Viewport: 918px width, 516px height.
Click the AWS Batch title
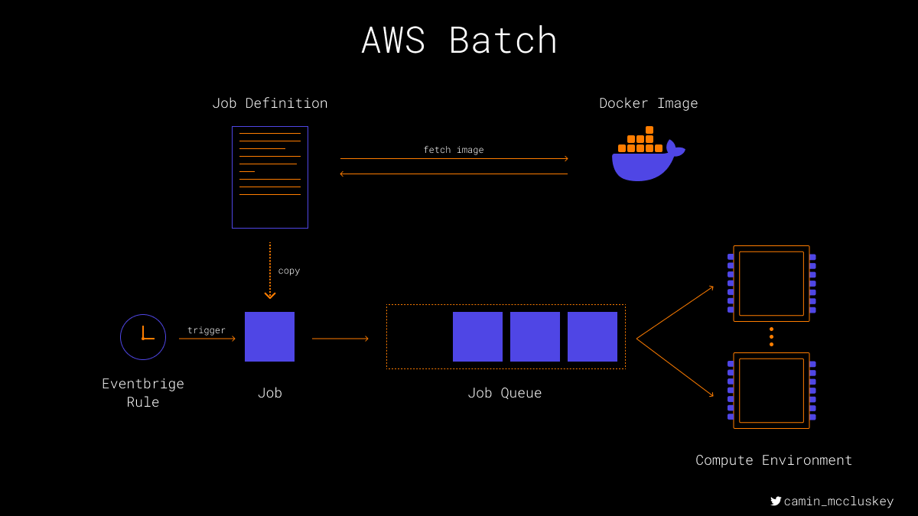click(x=459, y=40)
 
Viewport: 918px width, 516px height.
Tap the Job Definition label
click(x=269, y=103)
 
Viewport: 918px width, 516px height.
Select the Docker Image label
click(x=649, y=103)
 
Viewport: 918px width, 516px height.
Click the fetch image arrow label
click(x=453, y=150)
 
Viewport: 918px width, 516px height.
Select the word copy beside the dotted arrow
click(x=289, y=271)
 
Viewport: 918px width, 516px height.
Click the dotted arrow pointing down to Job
click(x=269, y=271)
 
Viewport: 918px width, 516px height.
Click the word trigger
click(x=206, y=330)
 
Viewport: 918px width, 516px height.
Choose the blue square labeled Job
click(x=269, y=336)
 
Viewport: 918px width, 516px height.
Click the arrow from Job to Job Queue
click(x=340, y=339)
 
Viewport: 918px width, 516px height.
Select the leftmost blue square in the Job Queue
click(x=477, y=336)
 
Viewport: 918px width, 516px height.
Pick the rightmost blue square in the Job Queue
click(x=592, y=336)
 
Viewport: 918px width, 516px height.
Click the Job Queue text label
click(x=504, y=393)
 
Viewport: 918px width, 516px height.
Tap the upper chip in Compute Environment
click(x=733, y=284)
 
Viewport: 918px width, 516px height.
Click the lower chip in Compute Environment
click(x=733, y=391)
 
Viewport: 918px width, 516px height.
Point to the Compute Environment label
click(x=773, y=460)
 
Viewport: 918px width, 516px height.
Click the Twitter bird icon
click(x=776, y=501)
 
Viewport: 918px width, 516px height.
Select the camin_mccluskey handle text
click(x=838, y=501)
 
